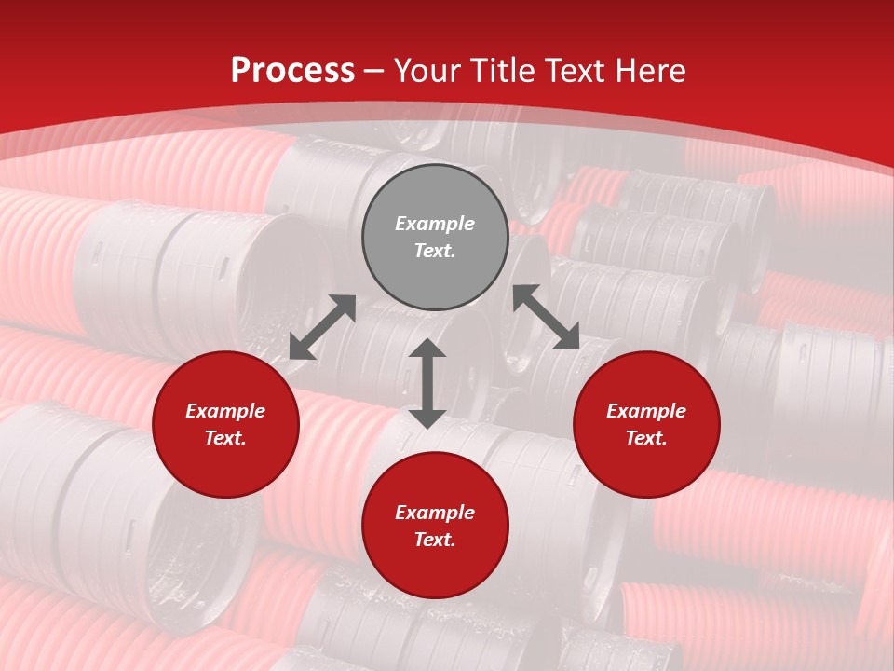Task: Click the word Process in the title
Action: tap(292, 71)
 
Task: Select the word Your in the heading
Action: tap(428, 71)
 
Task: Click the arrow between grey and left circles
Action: tap(322, 327)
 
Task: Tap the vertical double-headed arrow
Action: tap(427, 383)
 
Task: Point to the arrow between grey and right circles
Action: tap(547, 318)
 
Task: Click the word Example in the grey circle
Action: tap(435, 224)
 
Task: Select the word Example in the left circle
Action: tap(225, 411)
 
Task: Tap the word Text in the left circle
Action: tap(224, 438)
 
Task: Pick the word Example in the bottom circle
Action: tap(435, 513)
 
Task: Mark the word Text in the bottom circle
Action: tap(433, 540)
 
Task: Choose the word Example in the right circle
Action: tap(646, 411)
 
